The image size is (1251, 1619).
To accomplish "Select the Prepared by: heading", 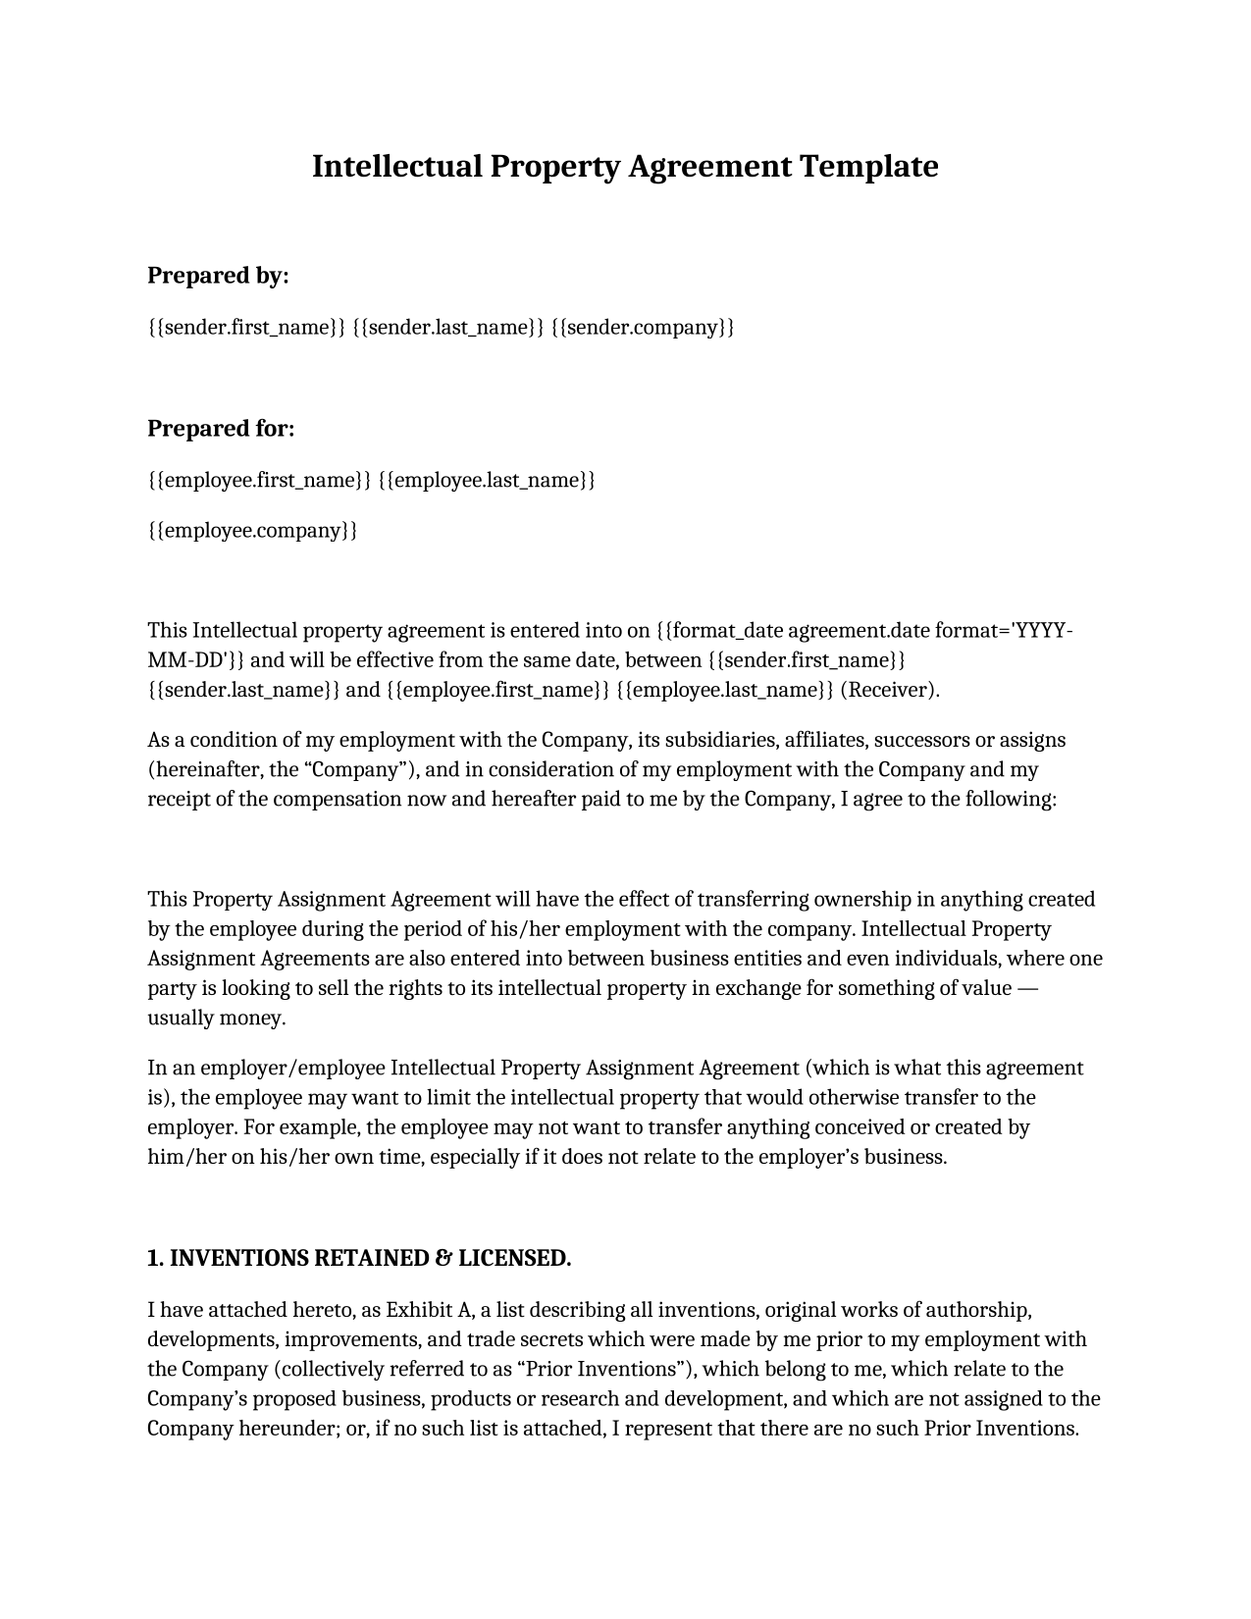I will click(218, 276).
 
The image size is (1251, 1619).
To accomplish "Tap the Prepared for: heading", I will click(221, 429).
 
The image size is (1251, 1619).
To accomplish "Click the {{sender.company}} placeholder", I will click(643, 327).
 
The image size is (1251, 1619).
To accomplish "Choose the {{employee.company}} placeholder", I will click(252, 531).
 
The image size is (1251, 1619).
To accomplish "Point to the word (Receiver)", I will click(890, 690).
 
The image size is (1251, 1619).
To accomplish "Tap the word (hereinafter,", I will click(205, 769).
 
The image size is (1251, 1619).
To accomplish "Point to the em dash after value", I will click(1027, 988).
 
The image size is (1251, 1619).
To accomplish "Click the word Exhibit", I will click(419, 1310).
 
